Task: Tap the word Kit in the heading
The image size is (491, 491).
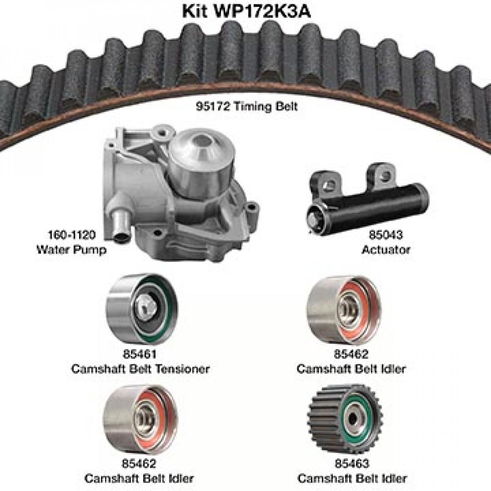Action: click(x=195, y=12)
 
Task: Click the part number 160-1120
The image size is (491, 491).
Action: click(x=72, y=235)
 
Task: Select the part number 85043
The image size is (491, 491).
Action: click(x=386, y=235)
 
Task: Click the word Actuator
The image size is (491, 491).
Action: click(x=386, y=250)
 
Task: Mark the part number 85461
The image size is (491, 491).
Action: click(x=140, y=354)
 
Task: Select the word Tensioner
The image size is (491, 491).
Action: click(x=183, y=369)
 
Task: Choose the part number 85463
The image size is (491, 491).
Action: click(x=352, y=463)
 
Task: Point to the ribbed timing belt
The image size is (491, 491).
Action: click(x=245, y=59)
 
